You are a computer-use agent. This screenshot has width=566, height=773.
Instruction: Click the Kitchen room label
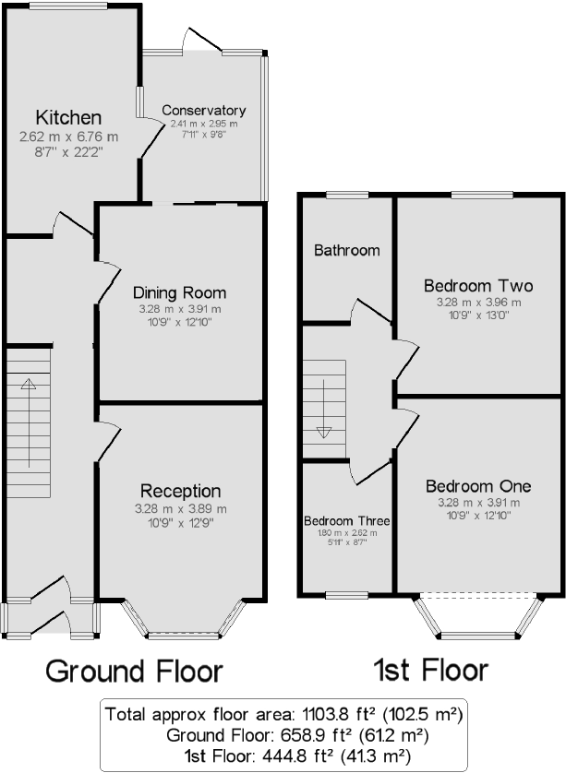pos(68,118)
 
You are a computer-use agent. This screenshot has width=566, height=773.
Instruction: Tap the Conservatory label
pos(203,111)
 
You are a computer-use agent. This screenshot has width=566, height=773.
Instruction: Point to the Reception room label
pos(181,491)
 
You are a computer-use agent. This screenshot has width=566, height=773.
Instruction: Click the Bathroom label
pos(346,250)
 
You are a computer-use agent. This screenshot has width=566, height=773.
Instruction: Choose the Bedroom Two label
pos(478,285)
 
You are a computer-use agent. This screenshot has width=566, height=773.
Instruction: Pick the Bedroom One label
pos(478,486)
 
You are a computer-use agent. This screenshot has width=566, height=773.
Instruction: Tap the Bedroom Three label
pos(347,521)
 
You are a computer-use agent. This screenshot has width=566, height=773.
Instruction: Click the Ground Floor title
pos(134,670)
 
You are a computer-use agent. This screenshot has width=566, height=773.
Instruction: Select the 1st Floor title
pos(430,670)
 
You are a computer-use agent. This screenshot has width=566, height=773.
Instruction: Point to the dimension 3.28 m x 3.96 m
pos(478,303)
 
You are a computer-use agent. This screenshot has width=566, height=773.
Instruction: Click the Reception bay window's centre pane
pos(182,635)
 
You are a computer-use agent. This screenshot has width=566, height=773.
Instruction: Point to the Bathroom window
pos(346,194)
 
